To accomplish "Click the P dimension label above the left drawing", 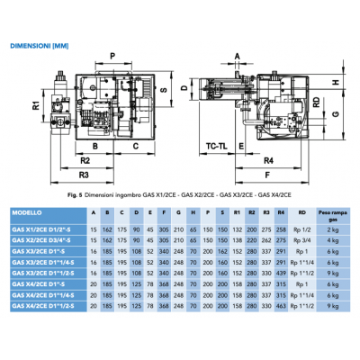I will (112, 56).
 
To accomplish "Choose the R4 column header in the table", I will (282, 214).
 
